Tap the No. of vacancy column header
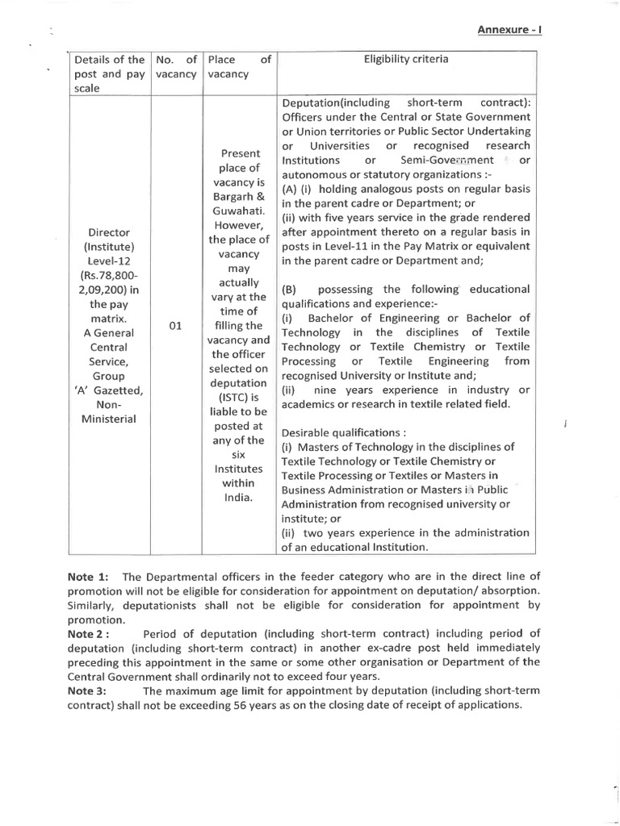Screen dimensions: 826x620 click(174, 66)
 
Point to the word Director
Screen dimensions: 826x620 click(108, 233)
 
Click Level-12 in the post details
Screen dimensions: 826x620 click(108, 262)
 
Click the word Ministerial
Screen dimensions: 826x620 click(108, 419)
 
